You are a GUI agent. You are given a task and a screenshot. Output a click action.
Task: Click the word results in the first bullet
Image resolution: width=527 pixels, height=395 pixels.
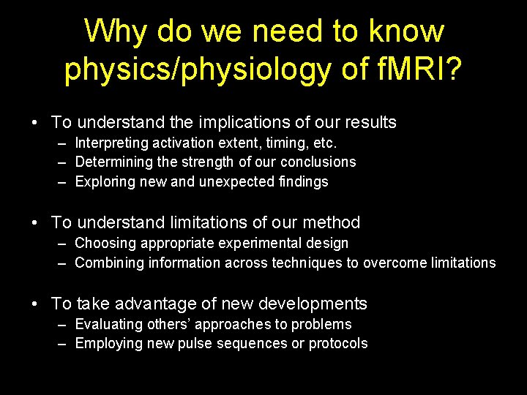(367, 122)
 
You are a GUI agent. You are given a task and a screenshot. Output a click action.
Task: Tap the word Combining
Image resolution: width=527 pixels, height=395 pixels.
(106, 263)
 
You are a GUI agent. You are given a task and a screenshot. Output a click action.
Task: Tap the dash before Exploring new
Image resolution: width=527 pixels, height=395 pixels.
(64, 181)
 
